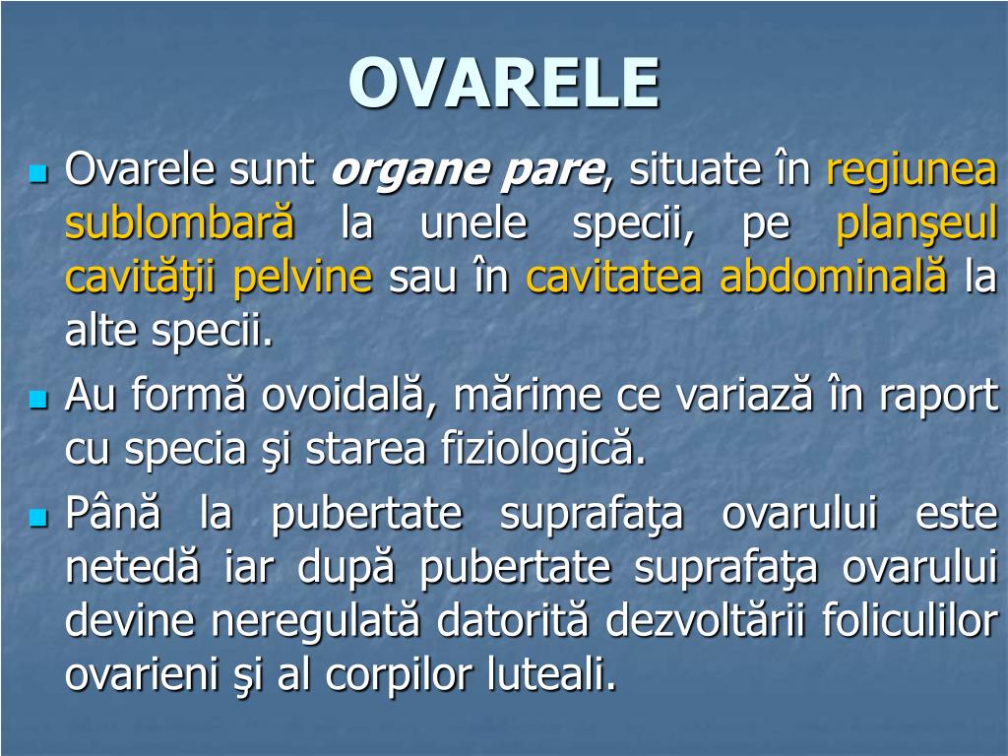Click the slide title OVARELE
503,83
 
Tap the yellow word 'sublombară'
180,223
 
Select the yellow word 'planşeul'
916,223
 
